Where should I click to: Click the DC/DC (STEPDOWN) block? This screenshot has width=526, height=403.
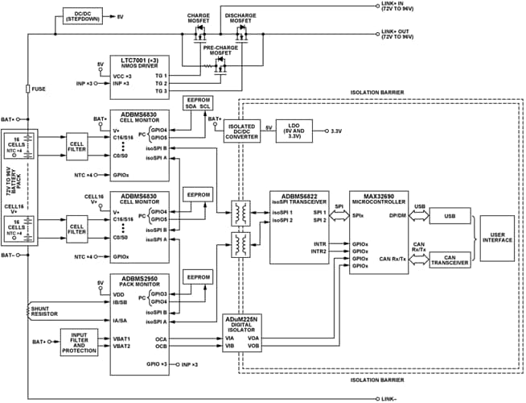tap(82, 16)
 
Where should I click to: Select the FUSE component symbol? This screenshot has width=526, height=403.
tap(28, 89)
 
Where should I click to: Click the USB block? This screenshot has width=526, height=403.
tap(450, 215)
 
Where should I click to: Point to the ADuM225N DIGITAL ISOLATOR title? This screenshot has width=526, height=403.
tap(245, 323)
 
